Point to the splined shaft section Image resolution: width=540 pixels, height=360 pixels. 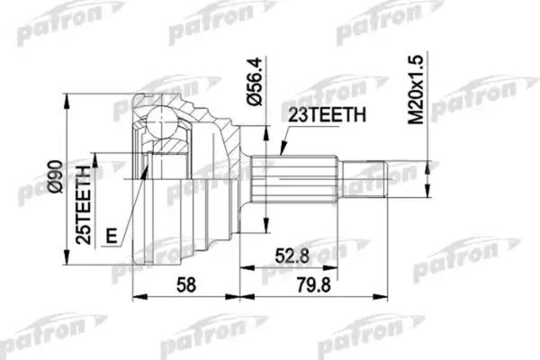tap(297, 179)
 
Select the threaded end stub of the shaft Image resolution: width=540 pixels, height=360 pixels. tap(369, 178)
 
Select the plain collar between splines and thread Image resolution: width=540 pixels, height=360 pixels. tap(343, 179)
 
